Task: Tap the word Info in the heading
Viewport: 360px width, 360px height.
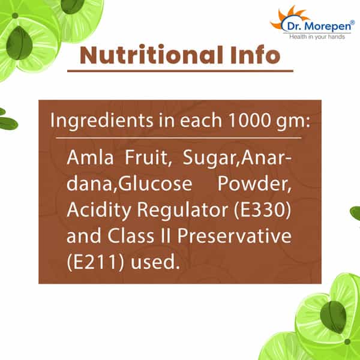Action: pos(256,55)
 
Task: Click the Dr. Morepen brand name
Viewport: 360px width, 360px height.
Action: pos(319,26)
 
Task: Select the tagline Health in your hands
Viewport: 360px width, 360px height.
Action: pos(317,37)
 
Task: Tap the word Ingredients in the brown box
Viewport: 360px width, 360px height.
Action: pos(102,121)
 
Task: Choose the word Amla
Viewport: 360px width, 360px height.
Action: pos(90,157)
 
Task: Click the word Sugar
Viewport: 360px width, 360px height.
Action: pos(211,158)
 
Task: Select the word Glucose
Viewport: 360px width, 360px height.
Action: pos(155,184)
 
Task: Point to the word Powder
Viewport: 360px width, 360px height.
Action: pos(254,184)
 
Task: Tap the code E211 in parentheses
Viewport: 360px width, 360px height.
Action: pos(95,262)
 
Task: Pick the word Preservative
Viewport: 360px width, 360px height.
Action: pos(235,236)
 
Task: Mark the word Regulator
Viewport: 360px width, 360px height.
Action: pos(182,210)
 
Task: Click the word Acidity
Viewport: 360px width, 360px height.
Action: pos(99,210)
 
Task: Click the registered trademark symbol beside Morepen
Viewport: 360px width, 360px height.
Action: pos(352,22)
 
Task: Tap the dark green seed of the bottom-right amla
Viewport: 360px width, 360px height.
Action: pos(333,317)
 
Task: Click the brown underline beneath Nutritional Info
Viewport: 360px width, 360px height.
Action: pos(180,71)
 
